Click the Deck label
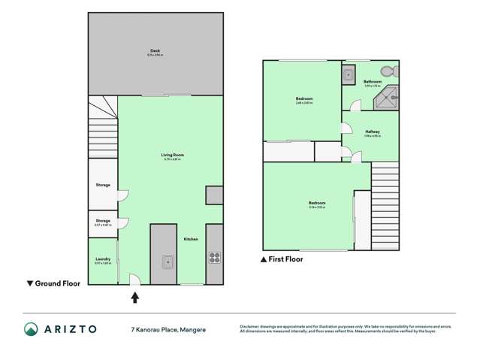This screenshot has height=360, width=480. tap(155, 51)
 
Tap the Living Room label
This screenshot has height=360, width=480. tap(172, 156)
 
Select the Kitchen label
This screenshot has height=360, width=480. tap(191, 239)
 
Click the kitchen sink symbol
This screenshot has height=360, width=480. tap(168, 262)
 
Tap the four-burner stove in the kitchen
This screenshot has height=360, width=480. tap(214, 258)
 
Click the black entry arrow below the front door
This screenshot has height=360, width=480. tap(135, 298)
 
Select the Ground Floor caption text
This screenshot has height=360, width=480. tap(55, 283)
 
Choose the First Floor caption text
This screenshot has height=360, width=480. tap(285, 259)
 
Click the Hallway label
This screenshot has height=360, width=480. tap(372, 132)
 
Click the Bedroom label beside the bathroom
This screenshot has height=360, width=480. tap(303, 99)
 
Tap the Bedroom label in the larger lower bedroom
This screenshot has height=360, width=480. tap(317, 203)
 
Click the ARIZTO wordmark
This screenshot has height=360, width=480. tap(74, 329)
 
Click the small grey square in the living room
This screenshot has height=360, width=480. tap(214, 195)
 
